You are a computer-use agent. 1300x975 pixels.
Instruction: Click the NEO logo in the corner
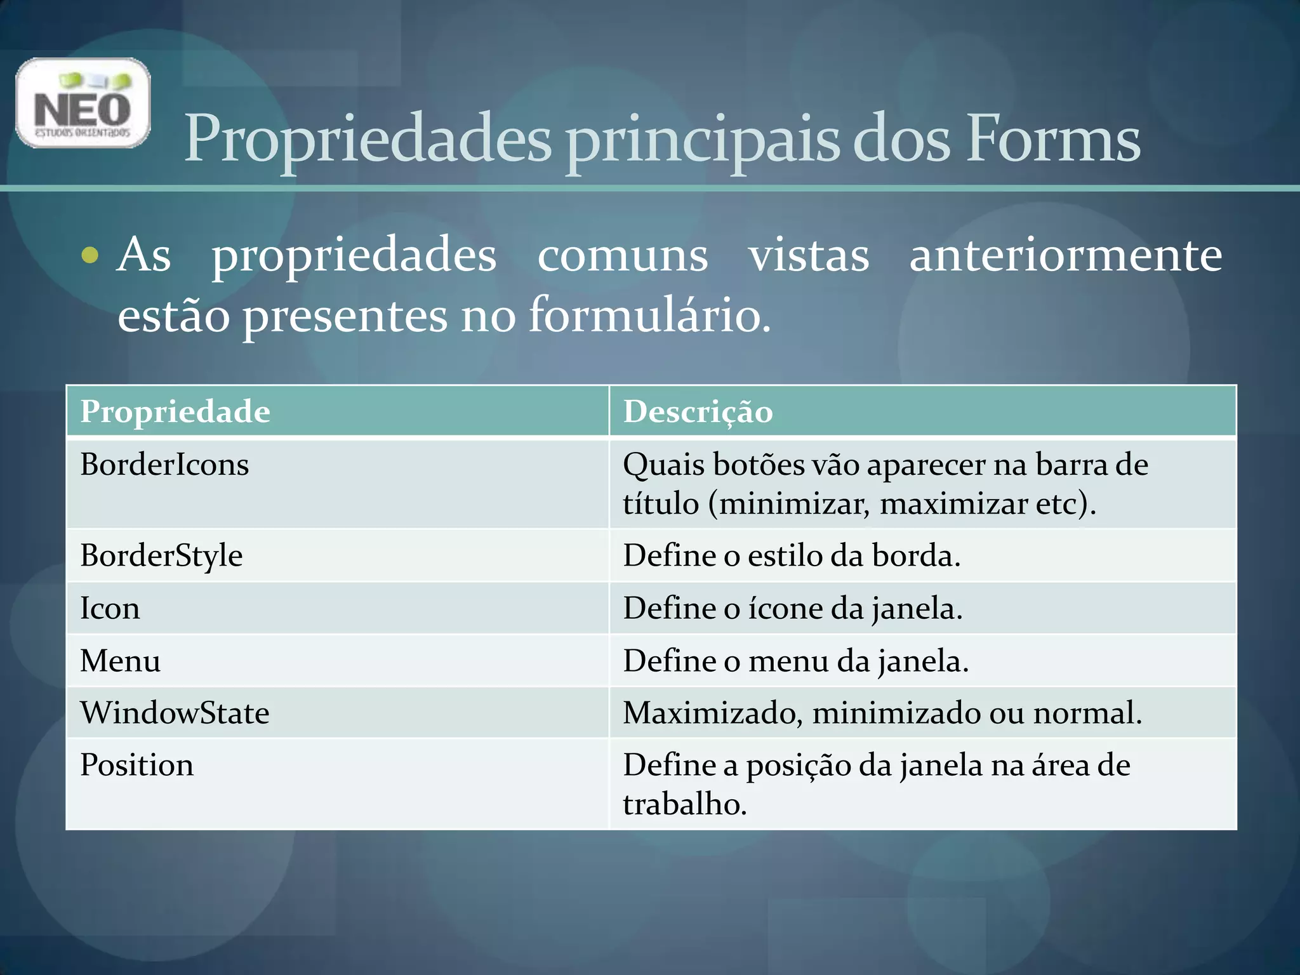click(83, 103)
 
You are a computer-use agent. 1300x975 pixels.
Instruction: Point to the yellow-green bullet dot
click(90, 255)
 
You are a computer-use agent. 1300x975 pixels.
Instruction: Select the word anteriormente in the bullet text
click(1065, 255)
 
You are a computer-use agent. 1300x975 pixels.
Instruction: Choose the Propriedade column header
click(175, 411)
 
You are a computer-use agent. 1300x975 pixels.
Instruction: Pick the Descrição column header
click(698, 412)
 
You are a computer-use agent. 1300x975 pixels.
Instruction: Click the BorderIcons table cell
click(164, 465)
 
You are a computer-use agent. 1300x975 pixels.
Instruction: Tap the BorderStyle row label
click(161, 556)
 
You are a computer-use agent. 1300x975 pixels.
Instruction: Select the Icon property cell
click(110, 608)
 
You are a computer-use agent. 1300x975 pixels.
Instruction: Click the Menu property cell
click(120, 661)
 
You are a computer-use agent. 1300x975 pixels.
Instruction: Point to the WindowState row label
click(175, 713)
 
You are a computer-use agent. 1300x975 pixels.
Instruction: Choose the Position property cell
click(136, 765)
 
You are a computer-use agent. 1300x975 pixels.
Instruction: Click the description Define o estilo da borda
click(792, 556)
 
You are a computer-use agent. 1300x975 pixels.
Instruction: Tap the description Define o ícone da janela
click(793, 609)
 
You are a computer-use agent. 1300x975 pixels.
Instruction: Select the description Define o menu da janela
click(795, 661)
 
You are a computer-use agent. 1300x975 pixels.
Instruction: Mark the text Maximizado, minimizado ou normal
click(882, 713)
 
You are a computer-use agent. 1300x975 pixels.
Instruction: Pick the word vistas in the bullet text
click(808, 255)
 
